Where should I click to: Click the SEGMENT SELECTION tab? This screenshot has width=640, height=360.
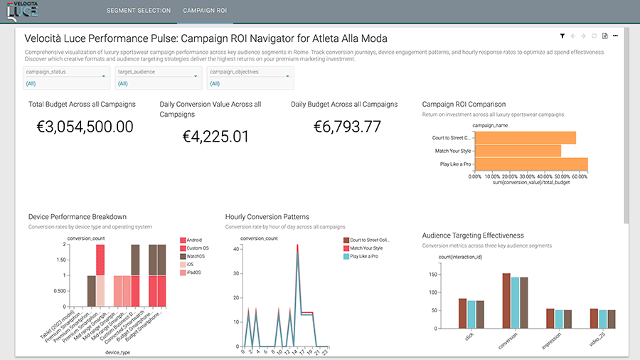[138, 11]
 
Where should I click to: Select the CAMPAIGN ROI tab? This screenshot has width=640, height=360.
[206, 11]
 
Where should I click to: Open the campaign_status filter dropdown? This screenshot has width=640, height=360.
[65, 78]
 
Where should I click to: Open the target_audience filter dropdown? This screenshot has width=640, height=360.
[157, 78]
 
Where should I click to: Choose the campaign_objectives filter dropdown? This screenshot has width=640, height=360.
[250, 78]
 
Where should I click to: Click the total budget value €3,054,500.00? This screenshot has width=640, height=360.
[85, 127]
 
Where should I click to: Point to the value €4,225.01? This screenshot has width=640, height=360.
[216, 136]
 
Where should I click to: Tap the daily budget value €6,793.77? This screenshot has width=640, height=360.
[347, 127]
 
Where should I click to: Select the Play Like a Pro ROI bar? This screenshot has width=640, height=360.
[530, 164]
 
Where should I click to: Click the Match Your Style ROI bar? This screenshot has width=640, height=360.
[517, 151]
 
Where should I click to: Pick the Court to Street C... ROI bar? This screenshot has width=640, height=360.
[525, 138]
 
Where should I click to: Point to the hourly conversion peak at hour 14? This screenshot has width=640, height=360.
[297, 245]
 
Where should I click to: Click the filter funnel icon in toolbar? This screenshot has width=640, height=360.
[562, 36]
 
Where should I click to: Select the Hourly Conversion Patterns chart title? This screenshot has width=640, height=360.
[267, 217]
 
